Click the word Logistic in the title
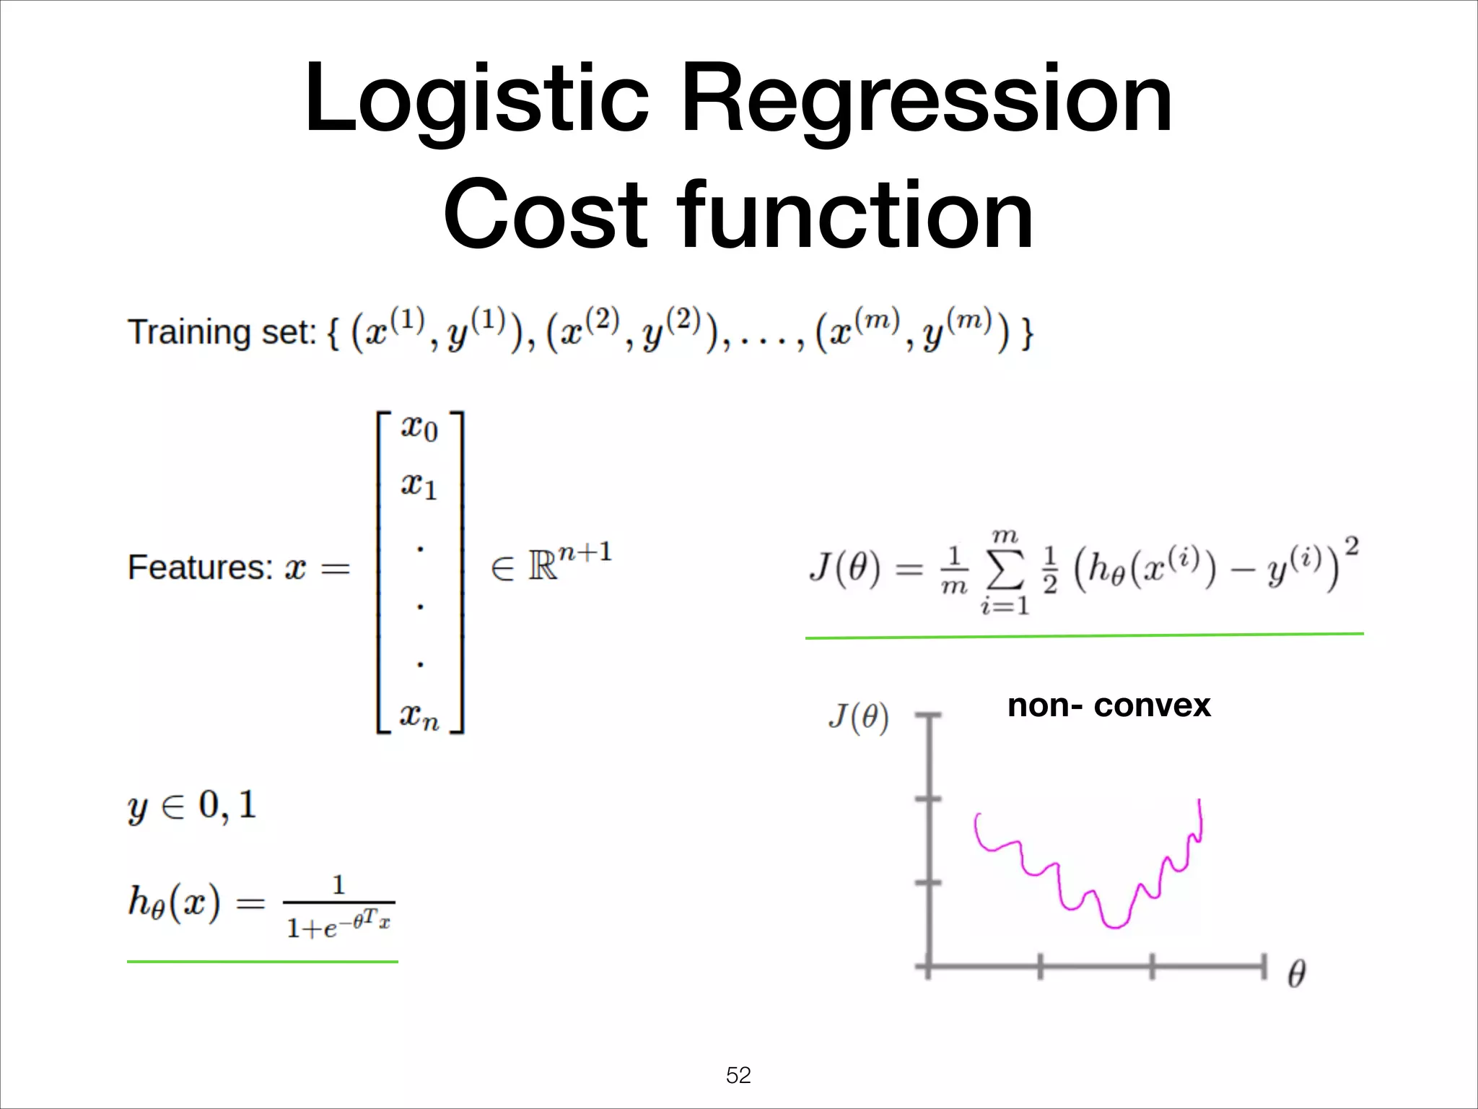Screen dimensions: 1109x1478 pos(476,101)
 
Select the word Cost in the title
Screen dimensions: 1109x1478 pos(546,215)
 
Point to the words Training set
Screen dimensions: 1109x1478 pos(222,333)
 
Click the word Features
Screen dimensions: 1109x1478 pos(199,567)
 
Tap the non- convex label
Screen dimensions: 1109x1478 pos(1108,705)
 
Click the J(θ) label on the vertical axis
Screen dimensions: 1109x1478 pos(858,718)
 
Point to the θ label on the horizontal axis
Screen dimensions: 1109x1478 pos(1296,974)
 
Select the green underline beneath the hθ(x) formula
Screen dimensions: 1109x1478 pos(263,962)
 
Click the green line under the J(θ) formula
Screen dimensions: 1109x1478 pos(1084,635)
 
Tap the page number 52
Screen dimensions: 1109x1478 pos(738,1076)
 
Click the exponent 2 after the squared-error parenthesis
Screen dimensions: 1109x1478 pos(1352,547)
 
